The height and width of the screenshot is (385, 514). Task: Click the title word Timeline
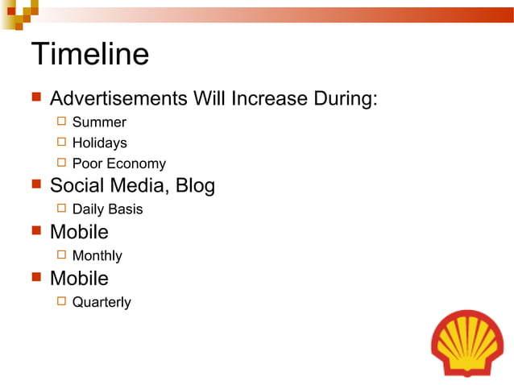[x=89, y=55]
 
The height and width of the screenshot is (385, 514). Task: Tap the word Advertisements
[x=118, y=99]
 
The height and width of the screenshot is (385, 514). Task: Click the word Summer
[x=99, y=122]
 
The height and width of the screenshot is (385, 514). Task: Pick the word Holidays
[x=99, y=143]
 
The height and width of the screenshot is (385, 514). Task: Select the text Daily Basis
[x=107, y=209]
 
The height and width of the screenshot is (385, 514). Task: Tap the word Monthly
[x=97, y=256]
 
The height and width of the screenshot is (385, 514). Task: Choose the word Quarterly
[x=102, y=303]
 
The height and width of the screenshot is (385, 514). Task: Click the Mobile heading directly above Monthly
[x=79, y=232]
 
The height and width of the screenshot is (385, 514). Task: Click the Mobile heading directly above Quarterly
[x=79, y=279]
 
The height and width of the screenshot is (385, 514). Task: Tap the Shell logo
[x=467, y=342]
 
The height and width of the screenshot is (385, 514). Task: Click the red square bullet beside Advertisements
[x=35, y=98]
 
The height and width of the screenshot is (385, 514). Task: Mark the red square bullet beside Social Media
[x=35, y=185]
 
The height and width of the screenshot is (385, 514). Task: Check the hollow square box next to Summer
[x=61, y=122]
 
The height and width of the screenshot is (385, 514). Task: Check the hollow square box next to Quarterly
[x=61, y=302]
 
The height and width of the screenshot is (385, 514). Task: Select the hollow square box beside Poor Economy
[x=61, y=164]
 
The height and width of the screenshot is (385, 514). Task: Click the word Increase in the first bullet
[x=265, y=99]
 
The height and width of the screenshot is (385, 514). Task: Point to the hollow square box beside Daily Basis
[x=61, y=209]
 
